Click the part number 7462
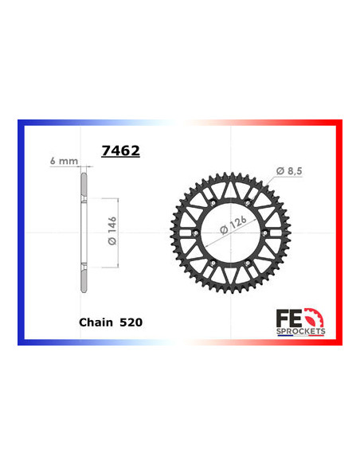[x=119, y=150]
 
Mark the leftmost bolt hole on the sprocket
[x=194, y=232]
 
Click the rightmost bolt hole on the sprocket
[x=270, y=232]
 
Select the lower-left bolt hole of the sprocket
[x=213, y=265]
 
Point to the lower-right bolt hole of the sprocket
[x=251, y=265]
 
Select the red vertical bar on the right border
[x=340, y=232]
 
